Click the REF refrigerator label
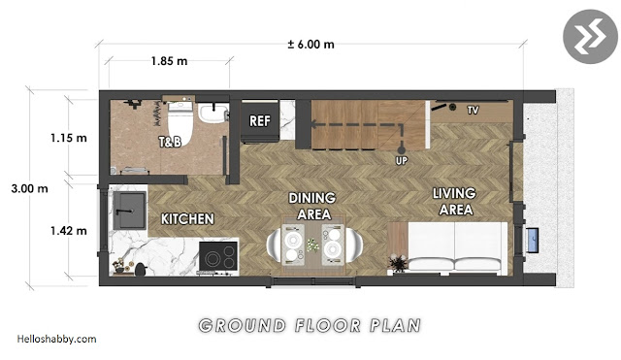point(260,120)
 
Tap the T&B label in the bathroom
point(171,142)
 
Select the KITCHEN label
point(187,218)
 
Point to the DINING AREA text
point(312,206)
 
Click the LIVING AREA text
point(455,201)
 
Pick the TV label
point(473,110)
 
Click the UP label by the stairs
point(401,161)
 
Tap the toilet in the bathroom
point(180,122)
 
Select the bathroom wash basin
point(213,113)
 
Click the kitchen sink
point(129,211)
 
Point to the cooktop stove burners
point(218,256)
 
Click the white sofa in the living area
point(457,247)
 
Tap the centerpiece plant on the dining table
point(312,245)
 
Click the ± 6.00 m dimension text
point(310,45)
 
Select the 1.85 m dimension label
point(169,61)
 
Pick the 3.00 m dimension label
point(29,188)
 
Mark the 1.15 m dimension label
point(69,138)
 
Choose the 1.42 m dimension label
point(69,231)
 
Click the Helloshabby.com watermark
point(56,339)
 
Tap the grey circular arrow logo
point(590,37)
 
